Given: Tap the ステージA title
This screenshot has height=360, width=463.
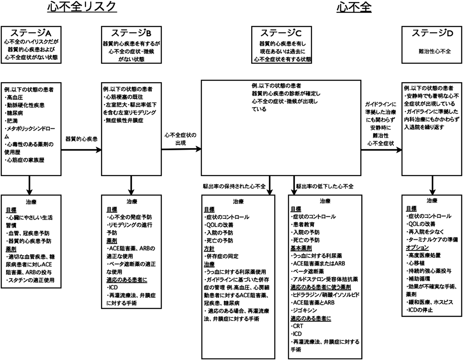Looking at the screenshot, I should click(x=32, y=33).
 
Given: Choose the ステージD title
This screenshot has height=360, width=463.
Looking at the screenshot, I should click(x=432, y=33).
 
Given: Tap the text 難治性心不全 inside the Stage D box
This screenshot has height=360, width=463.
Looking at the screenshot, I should click(x=432, y=50).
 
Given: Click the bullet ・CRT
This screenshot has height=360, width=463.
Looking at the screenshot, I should click(x=297, y=326).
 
